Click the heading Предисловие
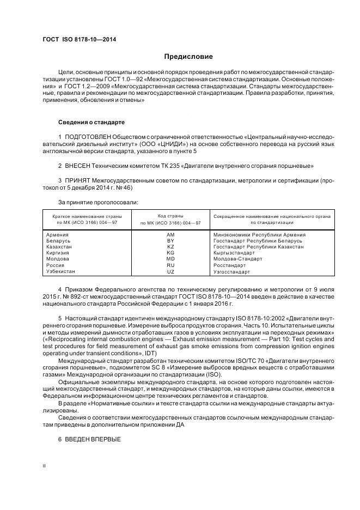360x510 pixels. (x=188, y=57)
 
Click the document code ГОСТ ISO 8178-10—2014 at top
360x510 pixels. (x=79, y=40)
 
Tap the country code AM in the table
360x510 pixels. (x=170, y=234)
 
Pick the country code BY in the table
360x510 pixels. (x=170, y=240)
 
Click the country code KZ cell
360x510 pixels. (x=170, y=246)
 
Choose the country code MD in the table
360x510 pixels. (x=170, y=259)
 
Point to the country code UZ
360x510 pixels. (x=170, y=271)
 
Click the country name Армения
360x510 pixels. (x=58, y=234)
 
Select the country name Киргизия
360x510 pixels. (x=59, y=253)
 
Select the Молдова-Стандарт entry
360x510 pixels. (x=237, y=259)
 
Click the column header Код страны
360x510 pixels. (x=170, y=216)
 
